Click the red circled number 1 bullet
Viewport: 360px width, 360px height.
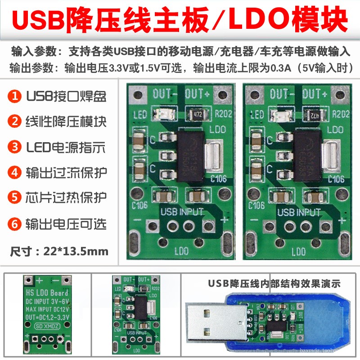[15, 96]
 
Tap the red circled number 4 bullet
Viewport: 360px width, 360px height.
[15, 172]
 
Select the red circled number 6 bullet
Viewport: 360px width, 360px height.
[15, 224]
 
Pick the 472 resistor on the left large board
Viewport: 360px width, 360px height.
[196, 114]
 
